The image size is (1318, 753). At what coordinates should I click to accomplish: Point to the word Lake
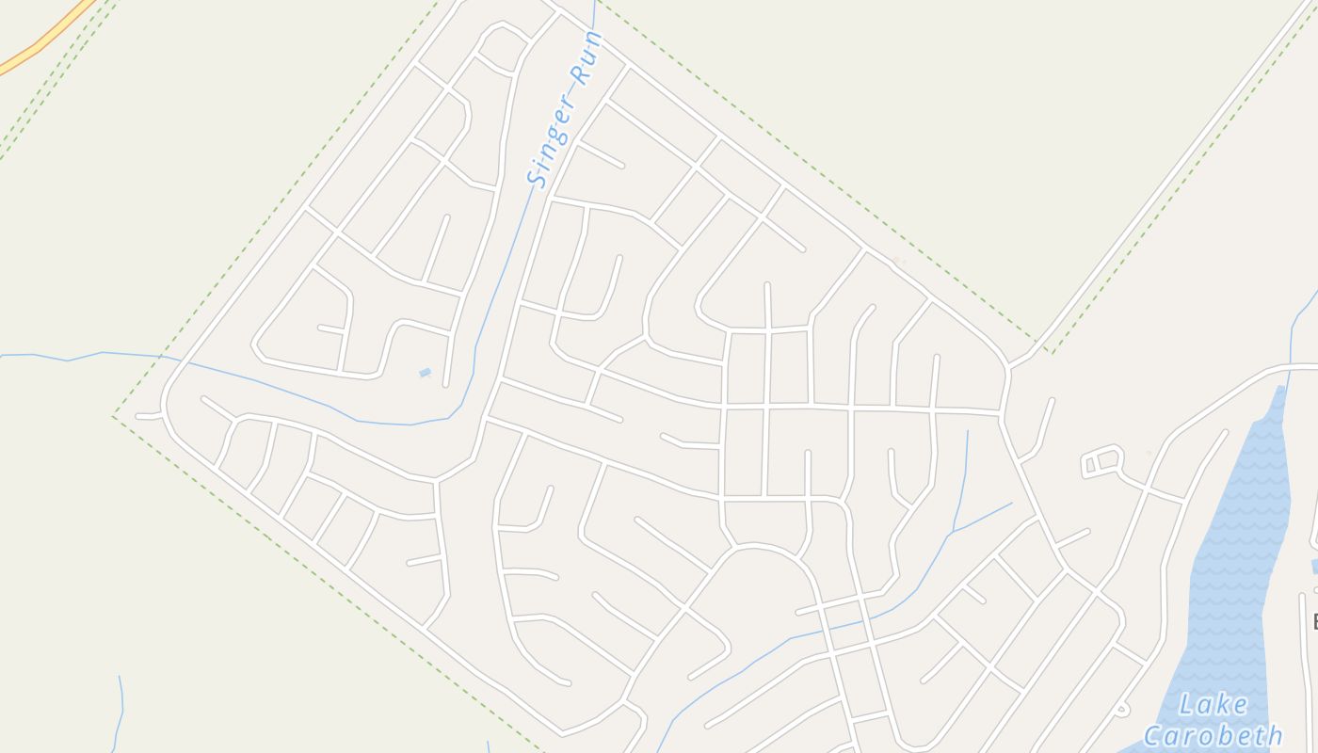coord(1213,705)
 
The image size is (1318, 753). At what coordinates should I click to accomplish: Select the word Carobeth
coord(1213,734)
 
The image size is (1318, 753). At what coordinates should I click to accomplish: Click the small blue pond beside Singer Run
coord(425,373)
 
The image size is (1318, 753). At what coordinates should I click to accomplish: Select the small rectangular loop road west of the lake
coord(1102,461)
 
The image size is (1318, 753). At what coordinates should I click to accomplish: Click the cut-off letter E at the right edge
coord(1313,621)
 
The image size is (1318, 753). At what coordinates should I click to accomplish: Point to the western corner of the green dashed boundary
coord(115,416)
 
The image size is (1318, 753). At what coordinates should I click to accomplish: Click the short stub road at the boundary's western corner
coord(149,415)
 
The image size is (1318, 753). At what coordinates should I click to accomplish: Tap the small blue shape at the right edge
coord(1314,566)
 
